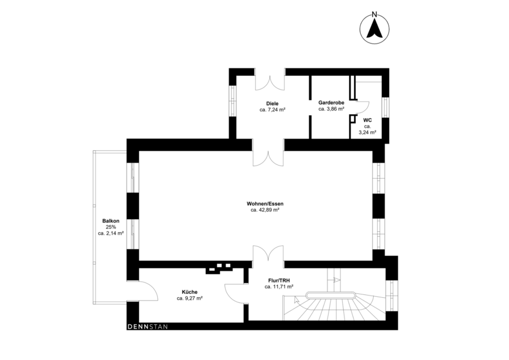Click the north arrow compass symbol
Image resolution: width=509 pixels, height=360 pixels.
(374, 29)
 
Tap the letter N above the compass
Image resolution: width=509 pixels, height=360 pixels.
(374, 14)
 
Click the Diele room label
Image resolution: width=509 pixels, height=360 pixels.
(272, 103)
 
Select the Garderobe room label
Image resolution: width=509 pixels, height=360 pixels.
(331, 102)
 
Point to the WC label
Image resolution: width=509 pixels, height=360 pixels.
(368, 120)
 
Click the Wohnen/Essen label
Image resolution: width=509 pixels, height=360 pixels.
(265, 203)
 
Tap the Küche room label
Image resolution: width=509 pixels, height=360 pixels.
(189, 292)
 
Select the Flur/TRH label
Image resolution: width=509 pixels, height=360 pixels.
(279, 280)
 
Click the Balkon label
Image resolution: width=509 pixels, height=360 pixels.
(111, 221)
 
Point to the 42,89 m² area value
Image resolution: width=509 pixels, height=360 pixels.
(269, 210)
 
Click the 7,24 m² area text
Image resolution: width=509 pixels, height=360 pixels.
(275, 110)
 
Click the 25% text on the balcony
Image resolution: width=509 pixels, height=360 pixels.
(111, 227)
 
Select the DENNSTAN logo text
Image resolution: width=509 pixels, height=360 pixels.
(148, 327)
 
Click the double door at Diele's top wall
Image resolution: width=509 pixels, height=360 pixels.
(270, 83)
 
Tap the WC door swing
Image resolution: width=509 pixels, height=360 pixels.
(363, 107)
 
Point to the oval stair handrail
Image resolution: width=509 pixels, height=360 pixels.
(330, 295)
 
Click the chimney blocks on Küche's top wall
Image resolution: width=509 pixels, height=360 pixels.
(218, 268)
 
